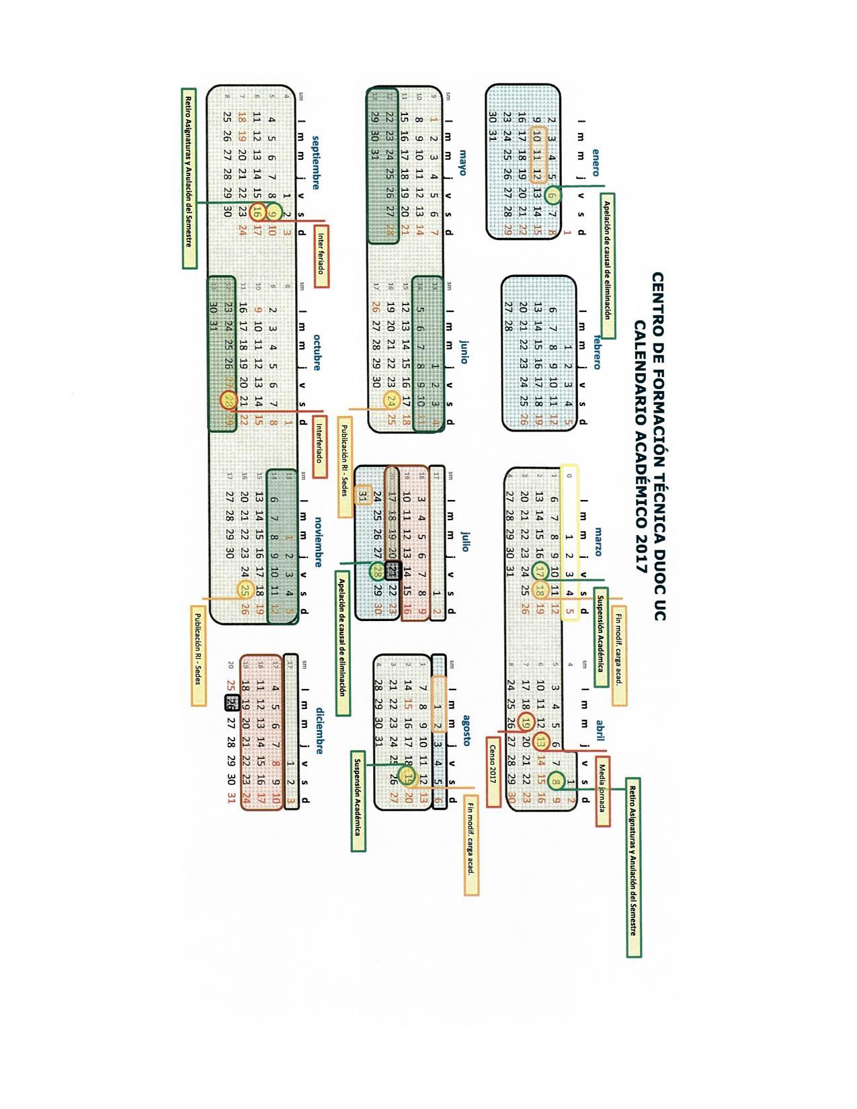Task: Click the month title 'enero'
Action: click(x=596, y=163)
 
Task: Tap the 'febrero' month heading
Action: click(x=596, y=352)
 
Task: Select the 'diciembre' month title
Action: click(x=321, y=731)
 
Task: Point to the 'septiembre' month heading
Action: click(x=315, y=163)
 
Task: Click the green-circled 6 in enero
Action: click(x=553, y=196)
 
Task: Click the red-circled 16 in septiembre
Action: click(x=257, y=212)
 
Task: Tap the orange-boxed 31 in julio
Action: click(x=363, y=496)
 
